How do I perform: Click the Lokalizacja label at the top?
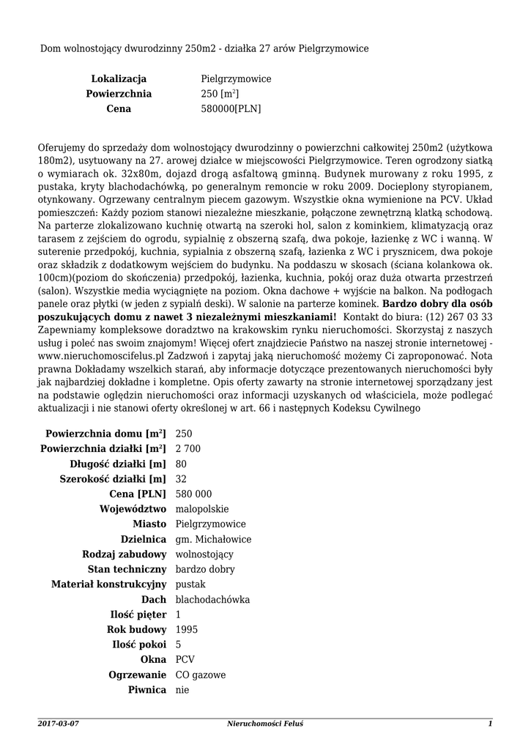tap(119, 78)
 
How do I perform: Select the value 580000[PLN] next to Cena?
tap(231, 108)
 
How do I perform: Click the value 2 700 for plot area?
tap(188, 448)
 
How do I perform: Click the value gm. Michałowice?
tap(214, 539)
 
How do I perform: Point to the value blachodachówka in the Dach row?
tap(213, 599)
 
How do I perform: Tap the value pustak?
tap(191, 584)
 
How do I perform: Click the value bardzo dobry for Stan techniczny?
tap(206, 569)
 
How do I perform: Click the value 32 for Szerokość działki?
tap(182, 478)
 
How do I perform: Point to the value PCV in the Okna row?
tap(186, 660)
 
